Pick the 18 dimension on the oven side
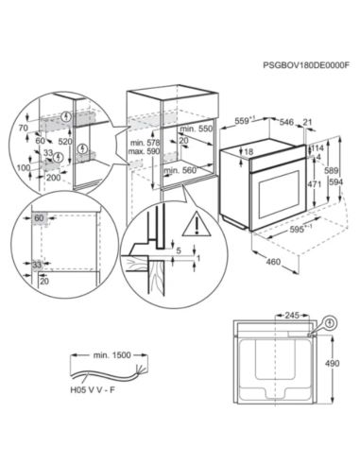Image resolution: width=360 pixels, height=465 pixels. pyautogui.click(x=249, y=151)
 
